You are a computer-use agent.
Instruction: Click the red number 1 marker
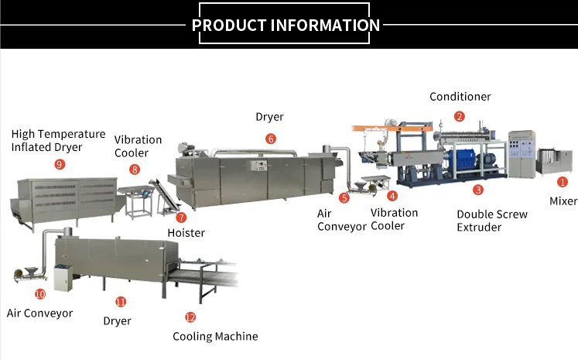[x=563, y=182]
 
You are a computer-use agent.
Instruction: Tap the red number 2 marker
[x=460, y=117]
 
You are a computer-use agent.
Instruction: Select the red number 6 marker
[x=270, y=139]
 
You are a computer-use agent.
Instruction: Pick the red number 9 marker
[x=60, y=164]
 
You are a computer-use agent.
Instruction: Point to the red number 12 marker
[x=190, y=317]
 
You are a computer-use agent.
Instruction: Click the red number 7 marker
[x=181, y=218]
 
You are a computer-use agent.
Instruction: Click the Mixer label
[x=563, y=201]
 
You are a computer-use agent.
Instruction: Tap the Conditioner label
[x=460, y=97]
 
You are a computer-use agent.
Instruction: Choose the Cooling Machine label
[x=215, y=336]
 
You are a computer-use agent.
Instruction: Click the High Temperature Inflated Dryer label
[x=58, y=140]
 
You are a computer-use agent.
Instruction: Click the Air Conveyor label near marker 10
[x=39, y=314]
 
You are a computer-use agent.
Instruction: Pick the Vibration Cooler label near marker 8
[x=138, y=146]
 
